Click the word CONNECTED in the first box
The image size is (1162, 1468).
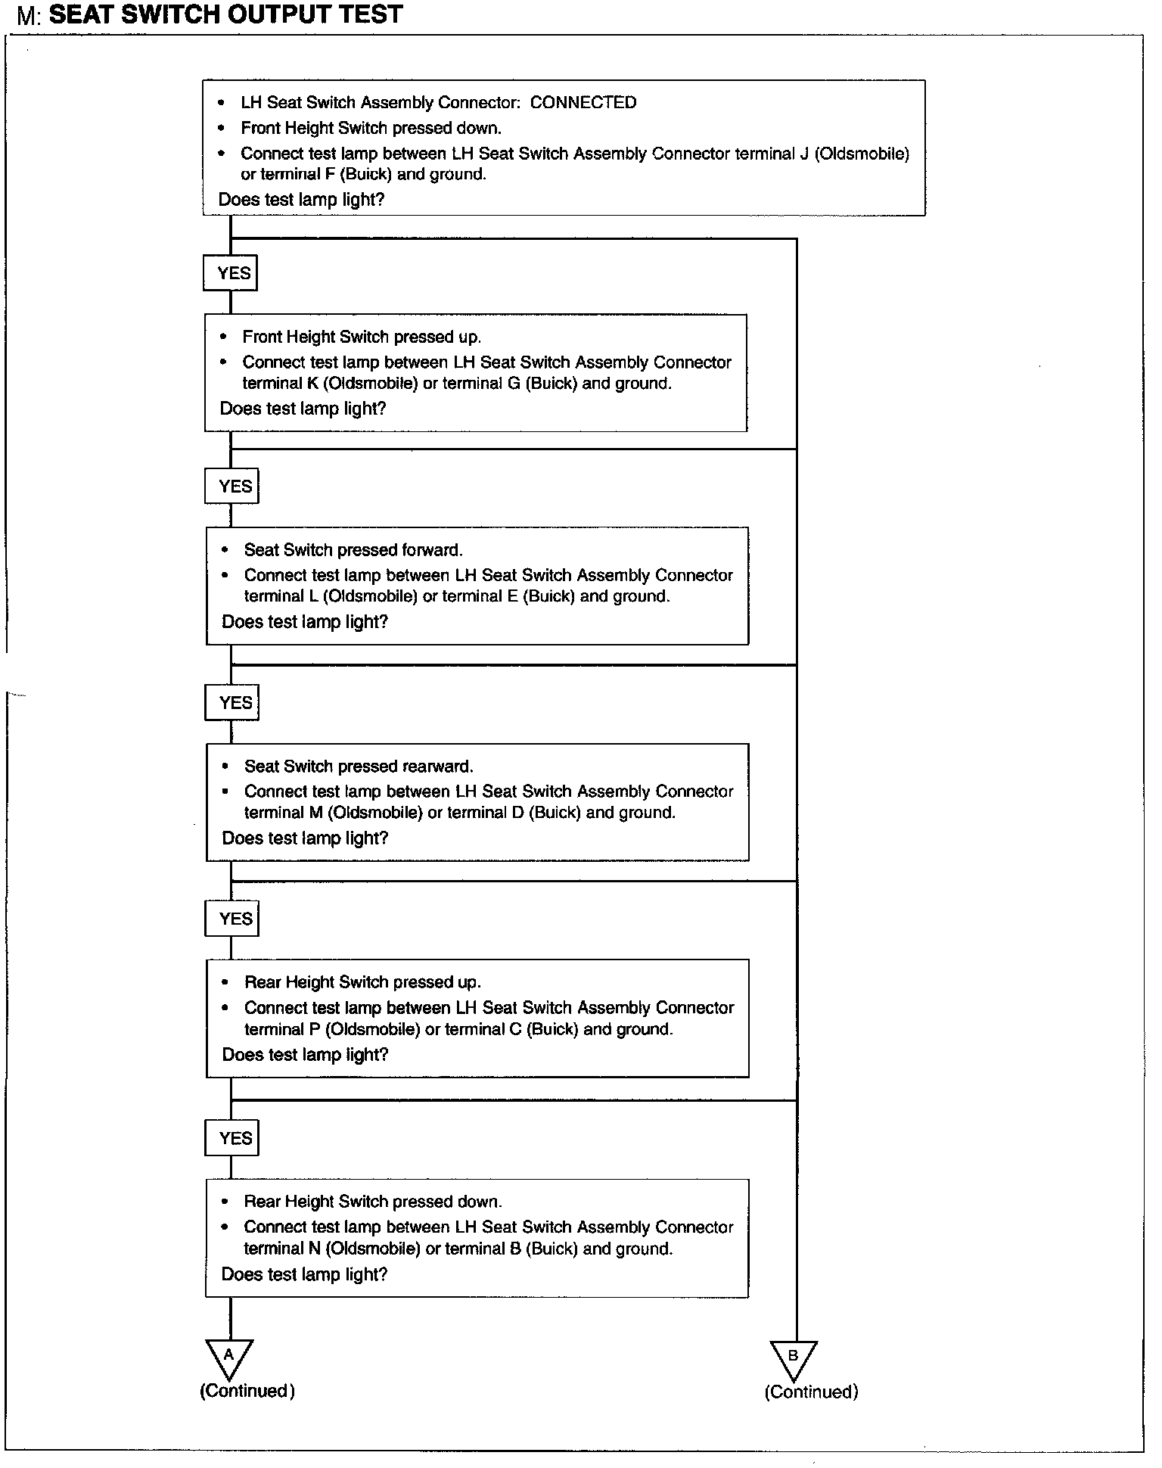(x=583, y=103)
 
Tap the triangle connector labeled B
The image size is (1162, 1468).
(x=794, y=1359)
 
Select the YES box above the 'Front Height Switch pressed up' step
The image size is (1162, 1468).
(x=231, y=273)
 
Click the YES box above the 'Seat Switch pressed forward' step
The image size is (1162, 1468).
(x=231, y=486)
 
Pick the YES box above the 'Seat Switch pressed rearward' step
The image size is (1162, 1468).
(x=232, y=703)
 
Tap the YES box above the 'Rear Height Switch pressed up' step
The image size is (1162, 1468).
(x=232, y=919)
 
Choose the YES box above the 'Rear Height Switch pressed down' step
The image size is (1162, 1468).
(x=232, y=1138)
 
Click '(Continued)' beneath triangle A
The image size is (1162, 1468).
(x=247, y=1391)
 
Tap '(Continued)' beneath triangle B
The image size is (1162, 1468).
(x=811, y=1392)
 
